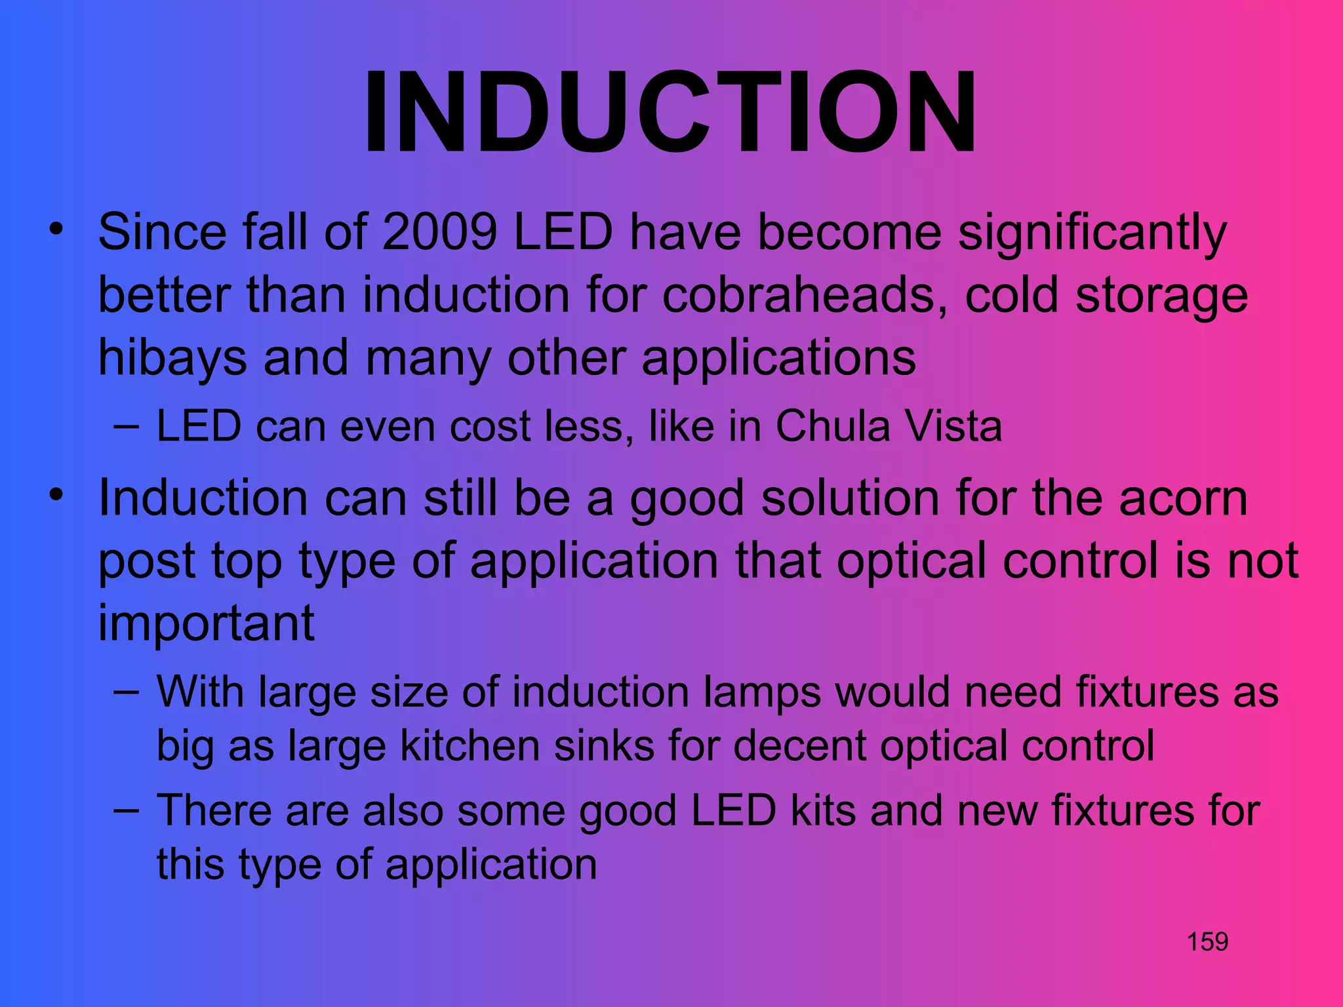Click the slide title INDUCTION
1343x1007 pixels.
pyautogui.click(x=670, y=113)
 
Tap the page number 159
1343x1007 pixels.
pyautogui.click(x=1207, y=942)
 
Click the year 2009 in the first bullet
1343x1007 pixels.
pyautogui.click(x=439, y=232)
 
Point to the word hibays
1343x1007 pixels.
pyautogui.click(x=172, y=359)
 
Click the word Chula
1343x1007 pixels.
pyautogui.click(x=832, y=427)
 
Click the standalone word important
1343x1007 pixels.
pyautogui.click(x=207, y=623)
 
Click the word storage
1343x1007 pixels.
pyautogui.click(x=1161, y=295)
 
